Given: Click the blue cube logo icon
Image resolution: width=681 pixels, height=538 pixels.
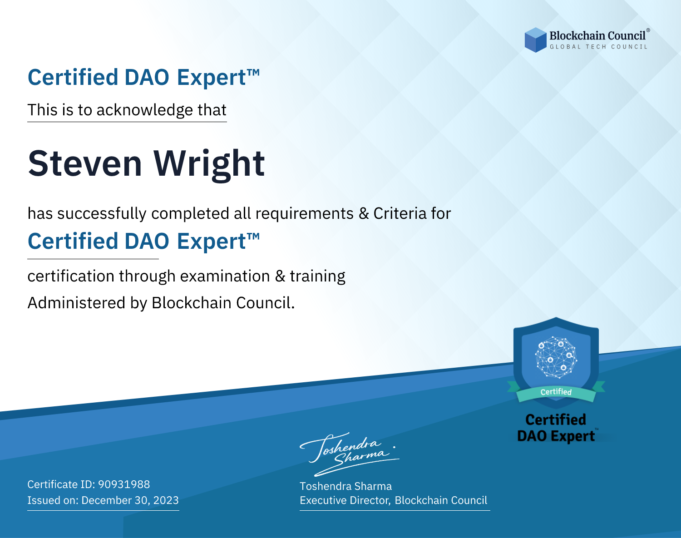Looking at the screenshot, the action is click(535, 40).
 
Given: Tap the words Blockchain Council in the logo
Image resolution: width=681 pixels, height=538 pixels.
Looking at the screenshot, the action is click(597, 36).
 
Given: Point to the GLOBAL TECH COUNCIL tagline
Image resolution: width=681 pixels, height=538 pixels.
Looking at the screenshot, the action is click(598, 47).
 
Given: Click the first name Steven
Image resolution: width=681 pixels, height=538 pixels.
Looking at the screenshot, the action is click(85, 163).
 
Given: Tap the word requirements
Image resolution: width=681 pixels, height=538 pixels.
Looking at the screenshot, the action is click(305, 214).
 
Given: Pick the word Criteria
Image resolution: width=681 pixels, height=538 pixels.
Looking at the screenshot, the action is click(400, 213).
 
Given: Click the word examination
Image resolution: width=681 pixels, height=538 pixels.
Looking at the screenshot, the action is click(225, 276).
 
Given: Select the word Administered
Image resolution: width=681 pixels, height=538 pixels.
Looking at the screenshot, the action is click(76, 302).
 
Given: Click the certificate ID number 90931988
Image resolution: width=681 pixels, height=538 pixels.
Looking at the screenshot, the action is click(124, 484).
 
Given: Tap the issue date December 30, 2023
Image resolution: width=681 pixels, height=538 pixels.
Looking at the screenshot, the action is click(130, 500).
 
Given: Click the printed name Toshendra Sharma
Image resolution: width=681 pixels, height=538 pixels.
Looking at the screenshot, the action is click(345, 486).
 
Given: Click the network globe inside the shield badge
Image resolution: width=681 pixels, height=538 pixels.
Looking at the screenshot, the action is click(556, 357).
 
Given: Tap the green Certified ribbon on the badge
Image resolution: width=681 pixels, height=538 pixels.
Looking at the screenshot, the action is click(556, 392).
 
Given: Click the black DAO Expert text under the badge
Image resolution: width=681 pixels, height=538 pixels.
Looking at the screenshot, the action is click(556, 436).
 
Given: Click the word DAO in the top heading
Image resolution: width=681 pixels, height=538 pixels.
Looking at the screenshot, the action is click(147, 77).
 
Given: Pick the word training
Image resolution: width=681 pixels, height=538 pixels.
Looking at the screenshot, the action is click(317, 276).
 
